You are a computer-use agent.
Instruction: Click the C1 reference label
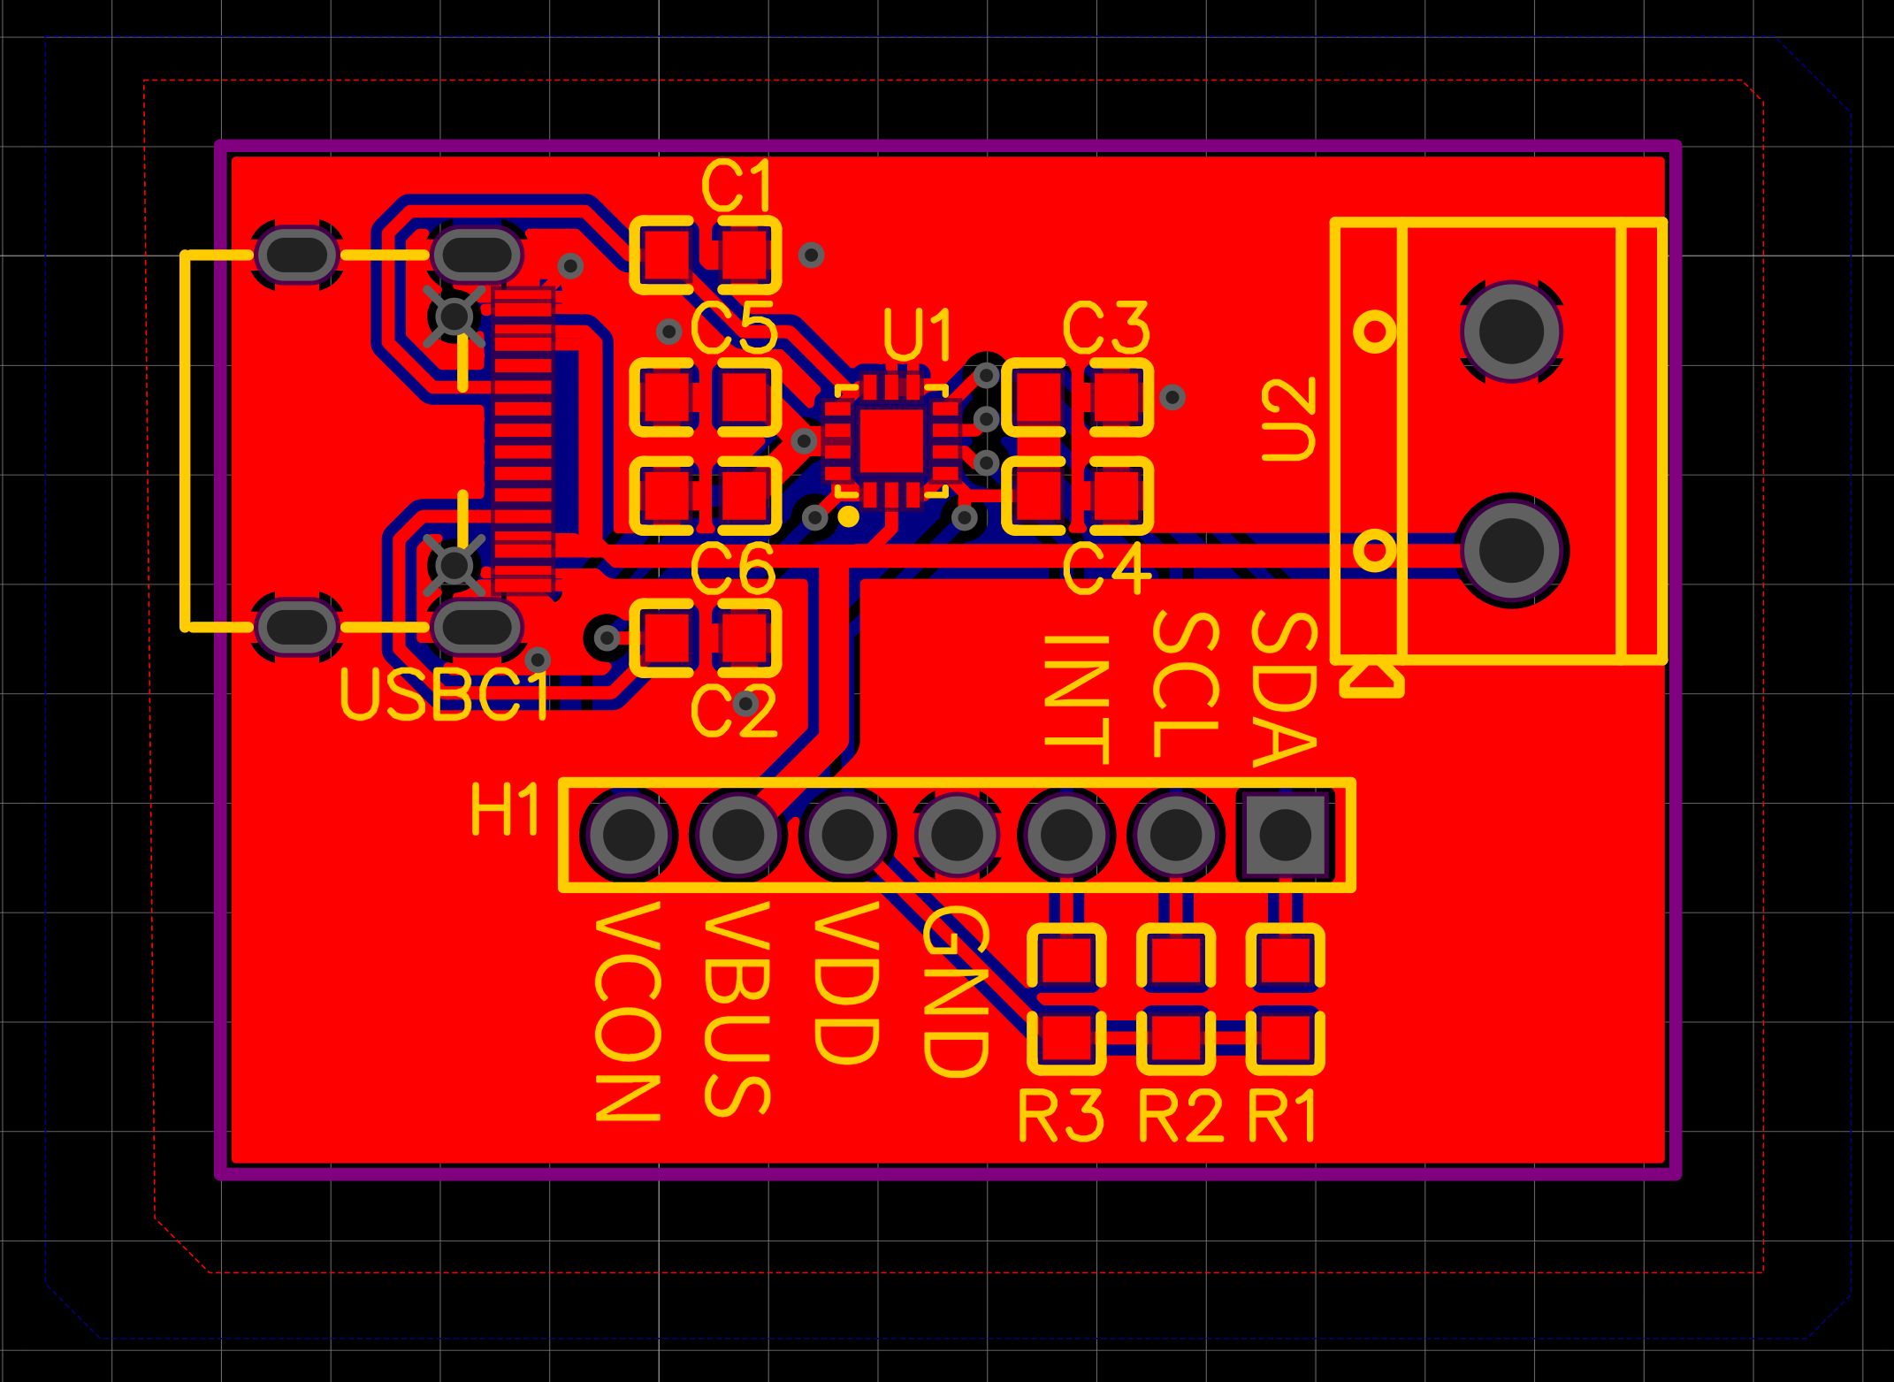[x=737, y=187]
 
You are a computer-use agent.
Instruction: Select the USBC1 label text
[x=445, y=696]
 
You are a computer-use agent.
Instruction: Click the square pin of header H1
[x=1284, y=834]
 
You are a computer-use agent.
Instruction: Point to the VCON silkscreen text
[x=628, y=1010]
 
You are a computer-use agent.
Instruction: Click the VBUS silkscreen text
[x=737, y=1008]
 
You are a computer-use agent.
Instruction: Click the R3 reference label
[x=1061, y=1116]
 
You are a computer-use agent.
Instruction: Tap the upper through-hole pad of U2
[x=1511, y=331]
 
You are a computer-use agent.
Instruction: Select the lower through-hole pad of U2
[x=1511, y=549]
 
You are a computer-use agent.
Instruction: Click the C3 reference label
[x=1105, y=329]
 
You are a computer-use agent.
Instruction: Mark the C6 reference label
[x=732, y=570]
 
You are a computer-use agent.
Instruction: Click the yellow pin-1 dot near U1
[x=848, y=516]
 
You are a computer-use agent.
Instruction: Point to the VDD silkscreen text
[x=846, y=981]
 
